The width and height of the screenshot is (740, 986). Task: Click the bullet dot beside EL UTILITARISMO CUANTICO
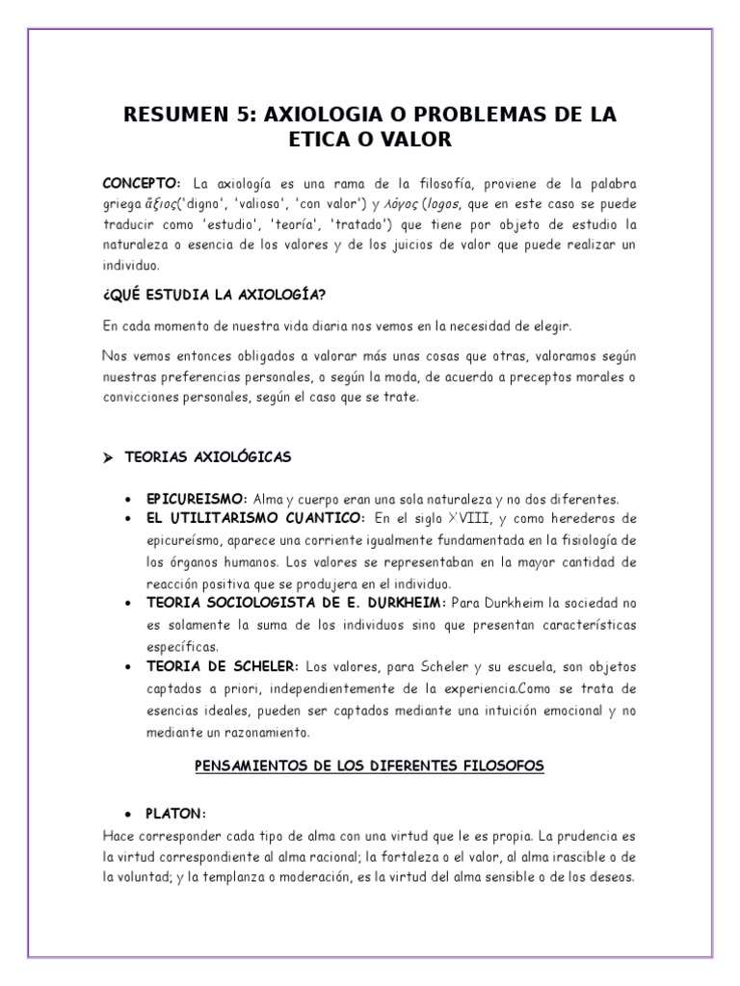(x=128, y=519)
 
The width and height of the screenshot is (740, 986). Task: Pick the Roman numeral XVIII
(x=491, y=519)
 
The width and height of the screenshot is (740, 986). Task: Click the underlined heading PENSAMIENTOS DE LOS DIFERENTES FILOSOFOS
(x=369, y=765)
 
